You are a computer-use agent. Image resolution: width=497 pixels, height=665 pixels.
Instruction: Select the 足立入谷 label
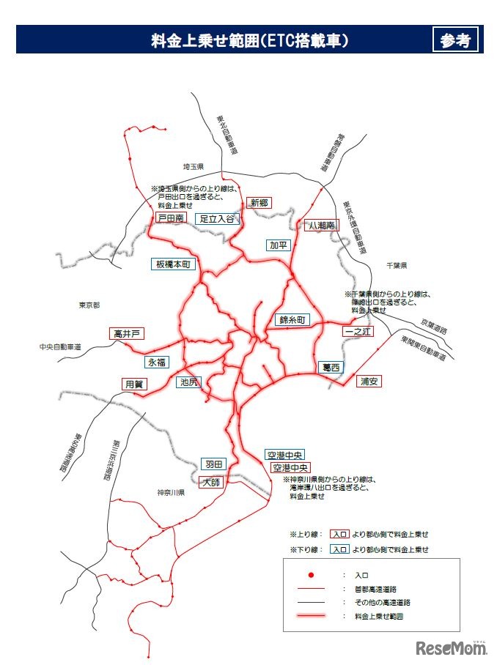coord(216,218)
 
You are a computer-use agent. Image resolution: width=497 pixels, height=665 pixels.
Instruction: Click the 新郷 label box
coord(259,203)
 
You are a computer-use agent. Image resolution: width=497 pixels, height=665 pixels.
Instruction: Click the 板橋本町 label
coord(174,264)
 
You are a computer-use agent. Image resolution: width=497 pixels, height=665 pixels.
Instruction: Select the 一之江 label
coord(358,332)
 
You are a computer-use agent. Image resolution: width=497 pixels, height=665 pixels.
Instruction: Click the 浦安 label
coord(369,381)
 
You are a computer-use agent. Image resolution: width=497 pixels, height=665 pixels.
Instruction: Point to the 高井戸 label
coord(126,333)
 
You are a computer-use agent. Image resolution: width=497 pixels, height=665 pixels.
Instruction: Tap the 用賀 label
coord(134,383)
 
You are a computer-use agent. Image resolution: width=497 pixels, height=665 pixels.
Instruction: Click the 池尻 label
coord(188,382)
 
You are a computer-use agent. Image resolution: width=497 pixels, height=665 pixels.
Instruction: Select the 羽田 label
coord(213,464)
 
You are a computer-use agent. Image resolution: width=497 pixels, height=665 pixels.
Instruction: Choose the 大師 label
coord(210,481)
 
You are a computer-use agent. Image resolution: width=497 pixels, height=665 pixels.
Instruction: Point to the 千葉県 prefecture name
coord(397,265)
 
